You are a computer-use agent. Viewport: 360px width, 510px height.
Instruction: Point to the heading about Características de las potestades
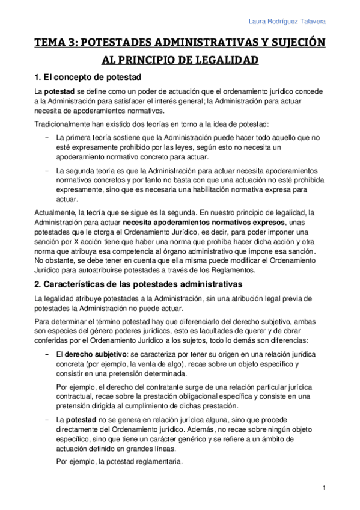(x=138, y=283)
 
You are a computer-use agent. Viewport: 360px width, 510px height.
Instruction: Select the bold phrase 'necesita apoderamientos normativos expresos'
(x=204, y=221)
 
